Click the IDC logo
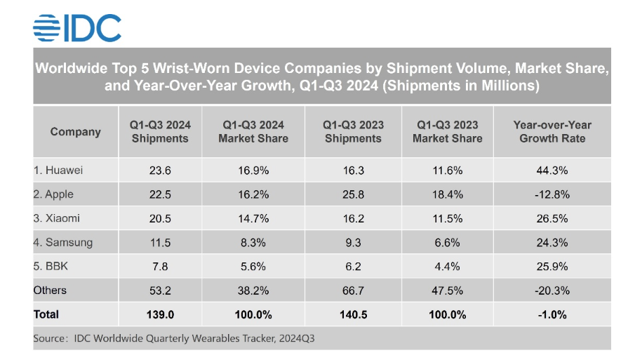coord(77,27)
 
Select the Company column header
coord(76,132)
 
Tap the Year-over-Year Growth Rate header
coord(552,132)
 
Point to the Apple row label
coord(54,195)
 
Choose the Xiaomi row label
coord(57,219)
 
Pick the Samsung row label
coord(62,243)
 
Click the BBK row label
coord(51,267)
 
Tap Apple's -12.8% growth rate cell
coord(552,195)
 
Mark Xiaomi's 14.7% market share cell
coord(253,219)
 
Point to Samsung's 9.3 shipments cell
coord(353,243)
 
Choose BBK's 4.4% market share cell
coord(447,267)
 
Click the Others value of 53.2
coord(160,291)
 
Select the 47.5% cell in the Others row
coord(447,291)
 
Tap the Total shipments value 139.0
coord(160,314)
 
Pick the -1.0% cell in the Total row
coord(552,314)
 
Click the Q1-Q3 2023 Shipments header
coord(353,132)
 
